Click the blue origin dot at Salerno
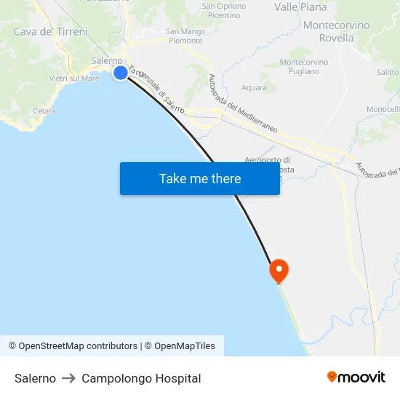pos(121,73)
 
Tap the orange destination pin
pos(279,271)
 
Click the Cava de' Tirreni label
pos(51,31)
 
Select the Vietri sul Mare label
pos(75,79)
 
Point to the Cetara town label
pos(44,111)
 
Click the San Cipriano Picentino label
pos(224,10)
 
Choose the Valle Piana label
pos(300,7)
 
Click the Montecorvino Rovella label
pos(336,31)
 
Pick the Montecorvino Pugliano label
pos(304,66)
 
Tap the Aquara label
pos(254,88)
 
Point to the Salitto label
pos(388,72)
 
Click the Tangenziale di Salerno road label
pos(156,90)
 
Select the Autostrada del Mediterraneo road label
pos(243,103)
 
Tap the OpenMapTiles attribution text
pos(184,346)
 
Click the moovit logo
pos(356,377)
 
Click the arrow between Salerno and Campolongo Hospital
pos(68,378)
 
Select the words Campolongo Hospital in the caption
pos(141,378)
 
